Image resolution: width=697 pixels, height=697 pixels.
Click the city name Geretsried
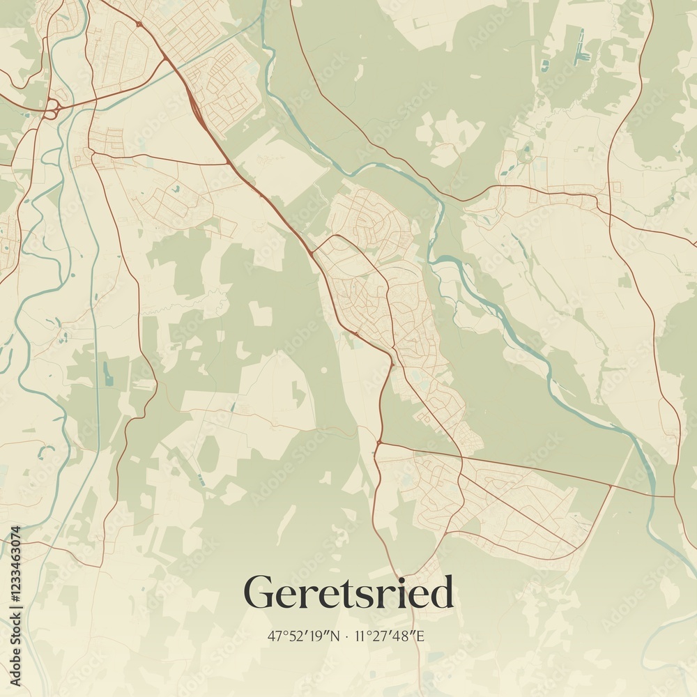(348, 592)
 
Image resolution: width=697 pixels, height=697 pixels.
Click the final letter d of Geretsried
(443, 592)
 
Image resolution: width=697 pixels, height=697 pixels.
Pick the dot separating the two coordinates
(348, 636)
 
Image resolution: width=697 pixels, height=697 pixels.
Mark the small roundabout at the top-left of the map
(139, 24)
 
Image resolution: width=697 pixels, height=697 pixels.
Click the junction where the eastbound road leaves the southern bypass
(378, 442)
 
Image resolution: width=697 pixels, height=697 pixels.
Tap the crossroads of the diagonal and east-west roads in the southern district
(461, 458)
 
